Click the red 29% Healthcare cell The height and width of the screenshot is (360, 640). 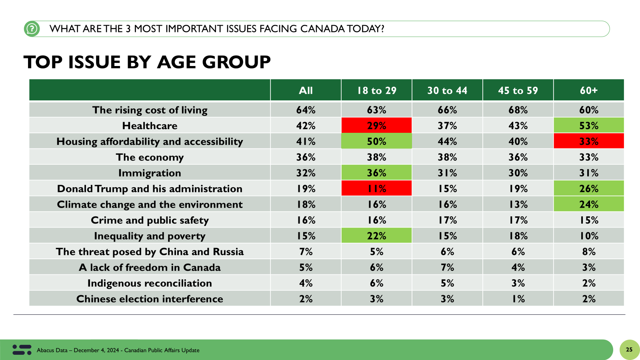pyautogui.click(x=376, y=126)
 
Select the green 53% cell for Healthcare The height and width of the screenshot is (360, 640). pyautogui.click(x=589, y=126)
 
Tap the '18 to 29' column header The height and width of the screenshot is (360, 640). pyautogui.click(x=376, y=90)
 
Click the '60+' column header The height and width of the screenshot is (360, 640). pyautogui.click(x=589, y=90)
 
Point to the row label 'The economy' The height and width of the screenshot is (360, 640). pyautogui.click(x=150, y=157)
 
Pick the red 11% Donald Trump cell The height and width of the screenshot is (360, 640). pyautogui.click(x=376, y=188)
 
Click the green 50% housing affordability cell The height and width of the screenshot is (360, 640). pyautogui.click(x=376, y=141)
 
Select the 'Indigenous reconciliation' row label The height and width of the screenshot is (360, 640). pyautogui.click(x=150, y=283)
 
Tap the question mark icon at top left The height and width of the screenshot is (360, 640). pyautogui.click(x=32, y=29)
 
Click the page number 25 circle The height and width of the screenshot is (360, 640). pyautogui.click(x=629, y=350)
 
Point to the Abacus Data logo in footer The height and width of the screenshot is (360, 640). pyautogui.click(x=22, y=350)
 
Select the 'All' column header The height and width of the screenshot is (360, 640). pyautogui.click(x=306, y=90)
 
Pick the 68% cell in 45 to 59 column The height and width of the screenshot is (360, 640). pyautogui.click(x=518, y=110)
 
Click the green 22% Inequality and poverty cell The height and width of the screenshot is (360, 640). pyautogui.click(x=376, y=236)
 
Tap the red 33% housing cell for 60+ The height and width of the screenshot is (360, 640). pyautogui.click(x=589, y=141)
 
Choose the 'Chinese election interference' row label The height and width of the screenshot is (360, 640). pyautogui.click(x=150, y=299)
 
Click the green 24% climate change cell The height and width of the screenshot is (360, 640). pyautogui.click(x=589, y=204)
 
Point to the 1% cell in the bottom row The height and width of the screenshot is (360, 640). pyautogui.click(x=518, y=299)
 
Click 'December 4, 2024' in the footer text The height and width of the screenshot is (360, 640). pyautogui.click(x=96, y=350)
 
